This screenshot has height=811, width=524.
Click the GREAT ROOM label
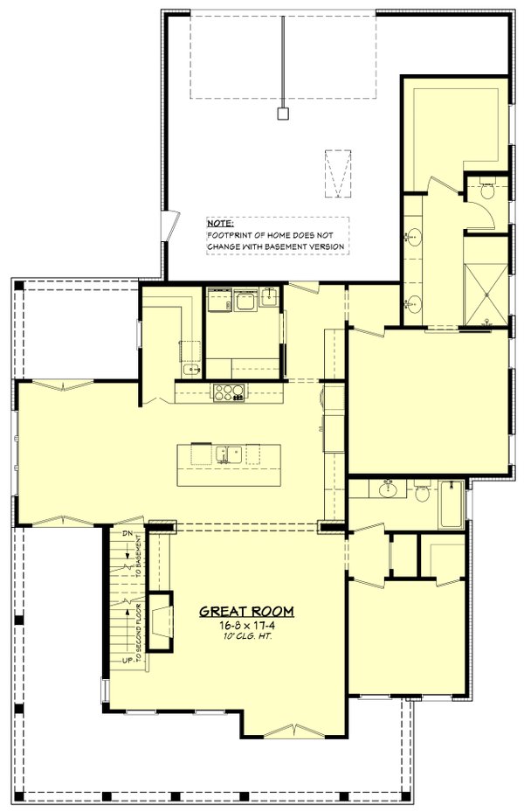point(246,611)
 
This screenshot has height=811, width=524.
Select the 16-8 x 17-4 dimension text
point(246,626)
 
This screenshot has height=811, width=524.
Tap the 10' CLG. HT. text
point(246,638)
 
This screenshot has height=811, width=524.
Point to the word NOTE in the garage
point(220,224)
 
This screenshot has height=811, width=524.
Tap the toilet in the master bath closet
point(487,190)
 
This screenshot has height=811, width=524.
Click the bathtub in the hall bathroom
point(451,505)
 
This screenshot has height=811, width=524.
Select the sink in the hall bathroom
point(388,490)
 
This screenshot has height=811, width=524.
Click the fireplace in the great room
point(158,621)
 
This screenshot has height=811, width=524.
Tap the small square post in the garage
point(282,113)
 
